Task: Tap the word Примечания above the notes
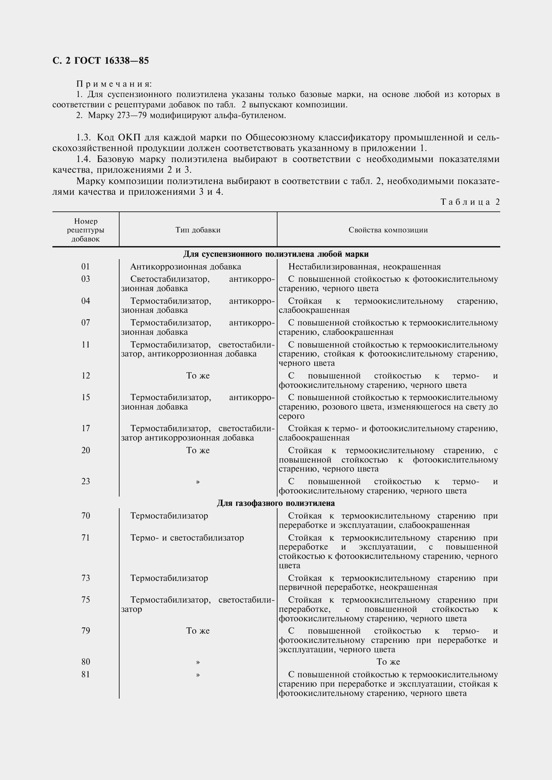[114, 84]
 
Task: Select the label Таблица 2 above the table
[470, 202]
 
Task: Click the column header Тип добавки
[198, 230]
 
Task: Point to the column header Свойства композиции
[388, 230]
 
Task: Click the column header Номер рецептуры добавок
[86, 230]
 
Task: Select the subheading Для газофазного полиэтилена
[276, 503]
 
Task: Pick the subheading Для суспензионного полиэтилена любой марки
[276, 254]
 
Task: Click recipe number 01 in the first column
[86, 267]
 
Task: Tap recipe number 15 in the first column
[86, 398]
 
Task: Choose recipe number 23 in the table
[86, 482]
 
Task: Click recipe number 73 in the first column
[86, 578]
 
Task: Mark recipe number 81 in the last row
[86, 674]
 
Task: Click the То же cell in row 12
[198, 376]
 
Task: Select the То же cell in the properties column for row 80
[388, 662]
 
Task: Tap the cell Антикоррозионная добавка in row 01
[186, 267]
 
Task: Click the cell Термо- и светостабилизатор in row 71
[187, 538]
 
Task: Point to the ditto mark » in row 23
[198, 482]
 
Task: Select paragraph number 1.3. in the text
[84, 138]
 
